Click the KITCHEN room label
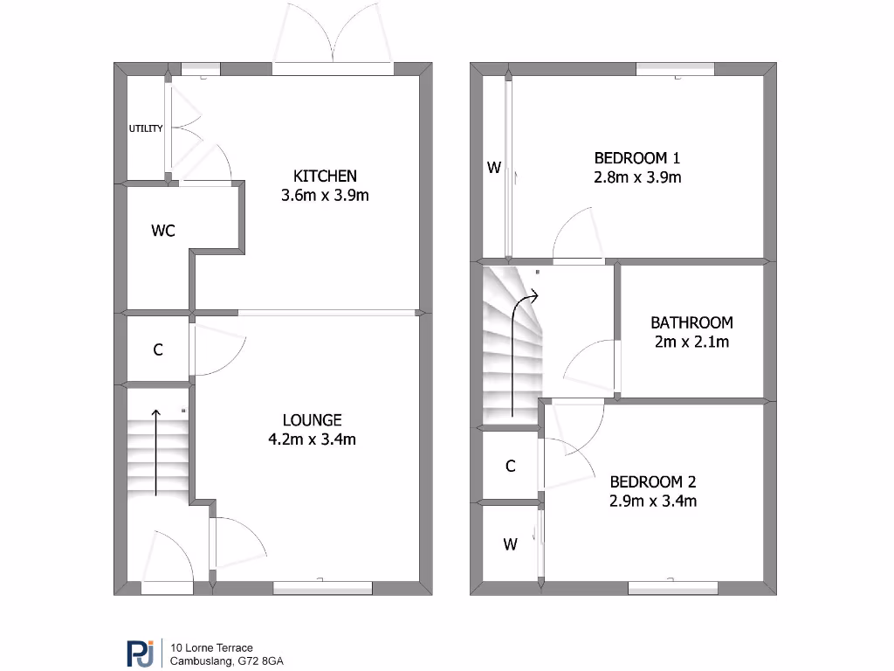click(325, 176)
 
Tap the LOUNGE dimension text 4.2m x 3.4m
click(312, 439)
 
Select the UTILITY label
click(146, 128)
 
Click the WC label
click(163, 231)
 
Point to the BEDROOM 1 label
click(636, 158)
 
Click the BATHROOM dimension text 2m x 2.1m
click(691, 342)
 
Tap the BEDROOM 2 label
click(652, 481)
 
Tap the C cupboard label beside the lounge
click(158, 349)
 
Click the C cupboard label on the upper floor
click(511, 467)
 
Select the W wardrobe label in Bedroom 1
click(494, 168)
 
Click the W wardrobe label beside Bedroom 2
click(510, 545)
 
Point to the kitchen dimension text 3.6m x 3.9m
click(325, 195)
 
